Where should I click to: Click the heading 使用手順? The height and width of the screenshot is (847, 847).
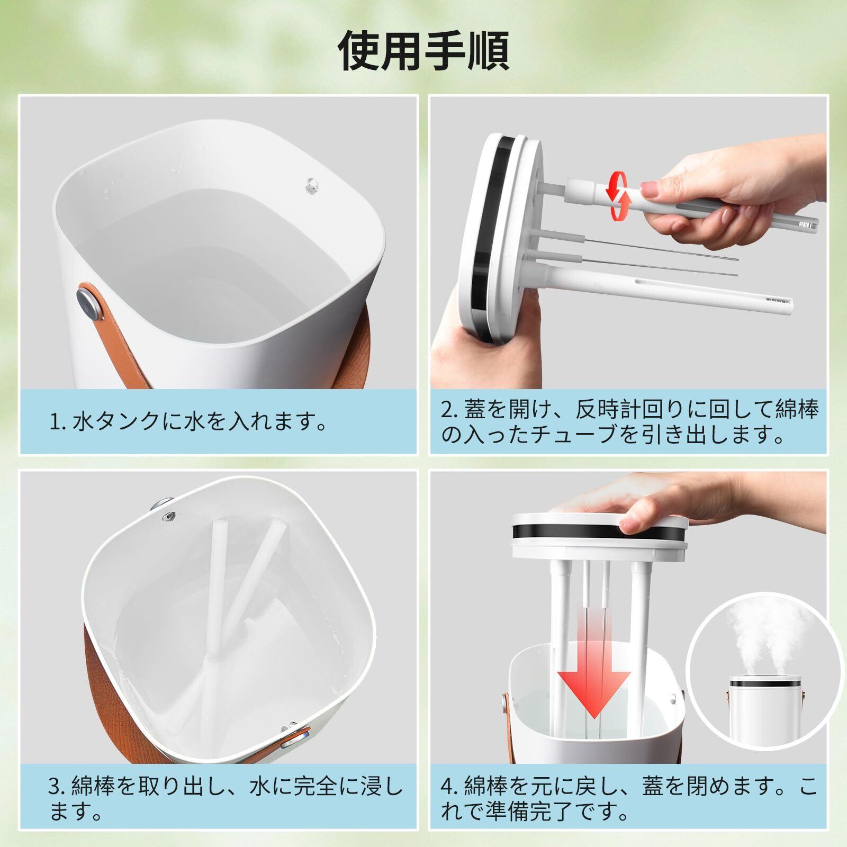[424, 51]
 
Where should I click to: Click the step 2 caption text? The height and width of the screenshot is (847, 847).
[630, 422]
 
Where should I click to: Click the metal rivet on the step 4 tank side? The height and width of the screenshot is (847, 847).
[505, 704]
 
